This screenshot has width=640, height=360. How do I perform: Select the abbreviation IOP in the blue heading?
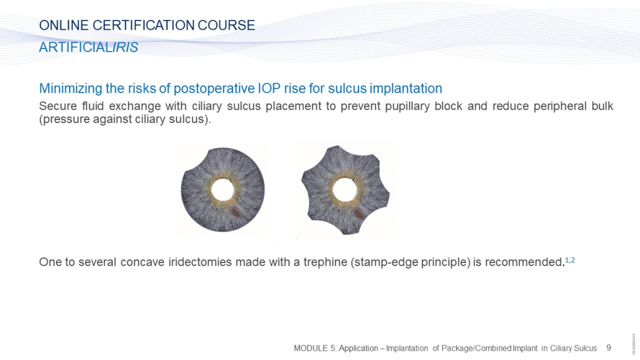268,88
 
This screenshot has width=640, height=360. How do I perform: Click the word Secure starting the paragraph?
58,106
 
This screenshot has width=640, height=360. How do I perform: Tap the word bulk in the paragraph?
602,106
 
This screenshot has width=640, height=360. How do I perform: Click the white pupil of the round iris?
223,190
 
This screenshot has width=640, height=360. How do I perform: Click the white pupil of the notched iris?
345,190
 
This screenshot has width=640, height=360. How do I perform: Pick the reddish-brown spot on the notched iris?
358,214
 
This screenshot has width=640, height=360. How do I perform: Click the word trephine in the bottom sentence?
325,262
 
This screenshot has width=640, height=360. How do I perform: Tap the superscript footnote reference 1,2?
570,260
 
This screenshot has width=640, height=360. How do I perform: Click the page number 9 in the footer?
608,348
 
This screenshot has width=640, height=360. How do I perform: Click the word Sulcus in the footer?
585,348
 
